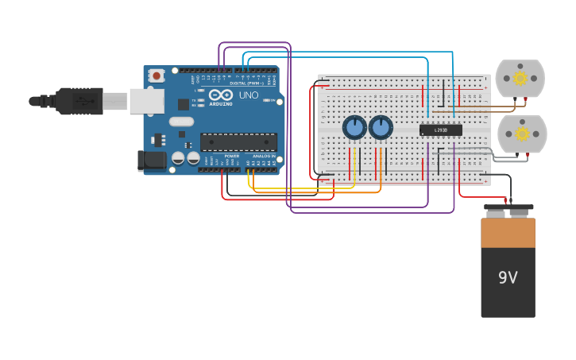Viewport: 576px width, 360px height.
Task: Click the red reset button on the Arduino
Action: pyautogui.click(x=157, y=76)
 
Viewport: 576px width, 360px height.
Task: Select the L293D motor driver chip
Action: pyautogui.click(x=440, y=130)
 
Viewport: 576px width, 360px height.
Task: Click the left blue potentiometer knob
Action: pyautogui.click(x=354, y=127)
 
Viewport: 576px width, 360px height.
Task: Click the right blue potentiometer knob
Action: pyautogui.click(x=381, y=127)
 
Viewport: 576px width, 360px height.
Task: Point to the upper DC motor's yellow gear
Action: pyautogui.click(x=520, y=78)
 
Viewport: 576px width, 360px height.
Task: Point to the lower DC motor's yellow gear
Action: pyautogui.click(x=521, y=133)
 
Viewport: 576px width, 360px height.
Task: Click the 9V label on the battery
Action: pyautogui.click(x=508, y=277)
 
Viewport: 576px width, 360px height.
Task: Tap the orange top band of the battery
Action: pyautogui.click(x=508, y=232)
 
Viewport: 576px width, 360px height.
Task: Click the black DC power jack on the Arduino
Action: pyautogui.click(x=152, y=161)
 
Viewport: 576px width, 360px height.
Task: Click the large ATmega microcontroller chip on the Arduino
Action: pyautogui.click(x=238, y=142)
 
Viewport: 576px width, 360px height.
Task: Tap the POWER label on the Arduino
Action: pyautogui.click(x=231, y=156)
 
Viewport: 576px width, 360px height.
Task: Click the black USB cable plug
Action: pyautogui.click(x=79, y=101)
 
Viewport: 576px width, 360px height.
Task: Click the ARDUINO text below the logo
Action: pyautogui.click(x=221, y=104)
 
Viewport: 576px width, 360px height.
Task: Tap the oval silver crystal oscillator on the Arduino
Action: pyautogui.click(x=180, y=122)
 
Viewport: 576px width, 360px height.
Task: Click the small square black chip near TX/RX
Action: pyautogui.click(x=184, y=103)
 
